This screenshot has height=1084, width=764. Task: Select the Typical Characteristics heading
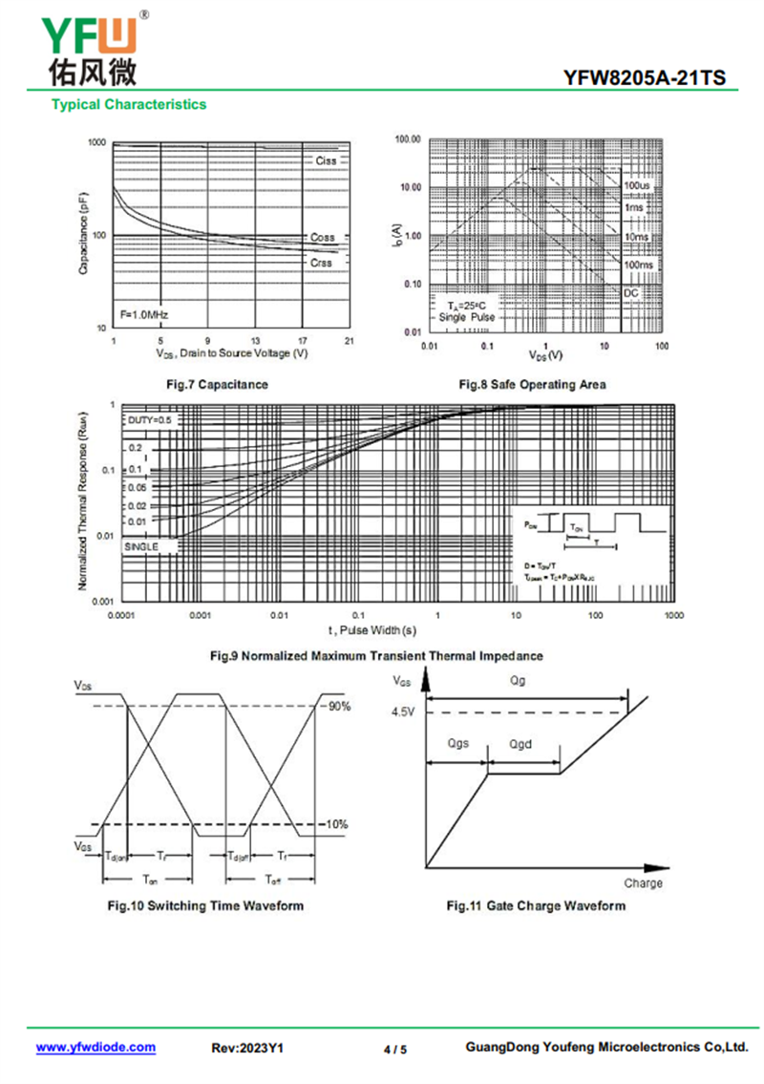tap(129, 104)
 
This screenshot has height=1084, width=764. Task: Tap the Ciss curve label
tap(326, 160)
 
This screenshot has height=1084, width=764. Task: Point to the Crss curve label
tap(321, 261)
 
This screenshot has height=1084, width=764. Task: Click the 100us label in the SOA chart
tap(636, 184)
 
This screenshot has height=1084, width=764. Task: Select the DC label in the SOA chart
tap(631, 292)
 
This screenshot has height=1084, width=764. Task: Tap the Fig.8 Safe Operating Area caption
tap(533, 384)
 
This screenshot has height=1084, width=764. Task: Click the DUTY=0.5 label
tap(150, 420)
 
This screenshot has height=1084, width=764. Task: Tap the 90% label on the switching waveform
tap(339, 707)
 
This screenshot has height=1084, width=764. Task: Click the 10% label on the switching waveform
tap(337, 823)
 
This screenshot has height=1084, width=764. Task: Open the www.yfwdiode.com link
tap(95, 1048)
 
